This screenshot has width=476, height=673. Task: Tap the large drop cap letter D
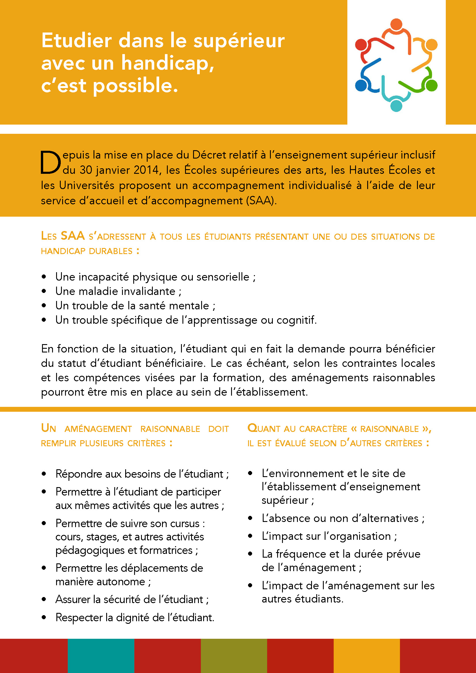pos(50,162)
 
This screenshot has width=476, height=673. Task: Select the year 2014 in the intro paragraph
pos(146,170)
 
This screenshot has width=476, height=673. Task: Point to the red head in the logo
pos(361,45)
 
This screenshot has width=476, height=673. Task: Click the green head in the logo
pos(431,85)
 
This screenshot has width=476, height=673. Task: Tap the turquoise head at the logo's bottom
pos(396,106)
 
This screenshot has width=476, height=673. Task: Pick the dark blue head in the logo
pos(361,85)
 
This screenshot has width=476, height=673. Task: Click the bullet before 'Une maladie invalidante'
pos(44,291)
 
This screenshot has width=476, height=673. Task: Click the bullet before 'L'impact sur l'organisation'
pos(250,536)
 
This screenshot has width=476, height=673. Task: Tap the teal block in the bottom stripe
pos(101,656)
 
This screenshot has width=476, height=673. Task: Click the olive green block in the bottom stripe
pos(234,656)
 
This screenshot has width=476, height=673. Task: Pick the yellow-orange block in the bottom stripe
pos(367,656)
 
